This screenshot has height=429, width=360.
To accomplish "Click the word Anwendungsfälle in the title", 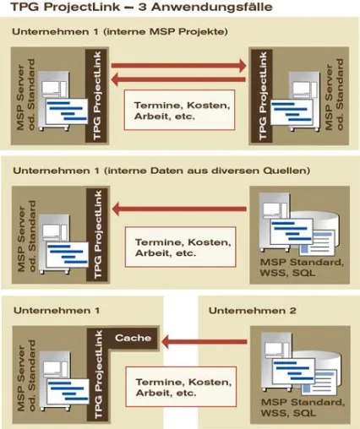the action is coord(212,7).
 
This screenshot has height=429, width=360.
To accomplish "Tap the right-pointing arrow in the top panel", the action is coord(179,66).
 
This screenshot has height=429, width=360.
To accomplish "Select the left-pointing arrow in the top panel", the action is coord(179,79).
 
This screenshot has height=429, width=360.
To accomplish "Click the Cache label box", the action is coord(133,338).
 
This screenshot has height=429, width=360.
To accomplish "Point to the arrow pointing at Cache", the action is coord(204,342).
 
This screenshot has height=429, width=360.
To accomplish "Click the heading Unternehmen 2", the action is coord(253,311).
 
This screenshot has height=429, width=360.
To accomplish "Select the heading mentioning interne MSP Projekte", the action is coord(120,31).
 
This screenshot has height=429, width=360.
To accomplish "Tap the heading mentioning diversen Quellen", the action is coord(161,171).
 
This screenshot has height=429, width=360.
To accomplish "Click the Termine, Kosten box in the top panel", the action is coord(179,110).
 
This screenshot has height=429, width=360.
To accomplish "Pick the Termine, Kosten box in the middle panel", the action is coord(180,247).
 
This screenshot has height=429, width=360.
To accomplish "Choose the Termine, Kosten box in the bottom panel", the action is coord(181,387).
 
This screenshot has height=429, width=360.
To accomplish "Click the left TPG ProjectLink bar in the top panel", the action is coord(96,95).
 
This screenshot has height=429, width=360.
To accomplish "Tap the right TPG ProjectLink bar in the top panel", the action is coord(262,95).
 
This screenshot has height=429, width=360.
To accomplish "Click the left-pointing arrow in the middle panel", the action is coord(179,209).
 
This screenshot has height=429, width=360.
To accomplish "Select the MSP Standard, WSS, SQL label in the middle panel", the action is coord(302,268).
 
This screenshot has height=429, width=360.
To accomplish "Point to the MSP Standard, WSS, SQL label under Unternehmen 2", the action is coord(303,407).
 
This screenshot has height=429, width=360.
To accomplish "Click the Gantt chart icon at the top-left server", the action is coord(67,111).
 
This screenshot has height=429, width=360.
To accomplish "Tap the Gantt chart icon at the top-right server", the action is coord(292,111).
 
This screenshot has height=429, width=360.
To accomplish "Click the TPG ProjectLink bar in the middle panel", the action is coord(97,235).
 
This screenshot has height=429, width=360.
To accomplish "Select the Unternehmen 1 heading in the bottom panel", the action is coord(57,311).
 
